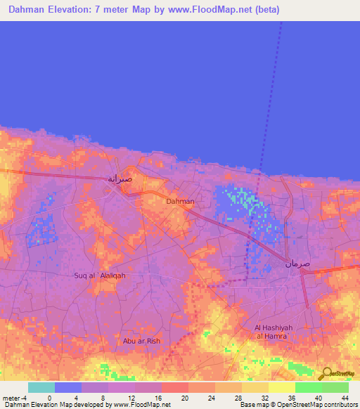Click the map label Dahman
click(180, 202)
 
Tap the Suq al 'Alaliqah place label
click(100, 275)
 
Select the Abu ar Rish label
click(142, 341)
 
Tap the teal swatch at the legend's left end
click(41, 387)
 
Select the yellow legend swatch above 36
click(281, 387)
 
